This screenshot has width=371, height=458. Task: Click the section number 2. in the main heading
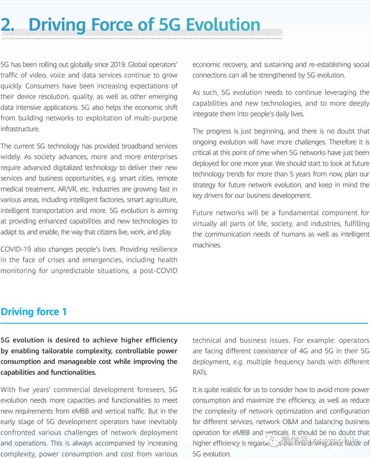[8, 25]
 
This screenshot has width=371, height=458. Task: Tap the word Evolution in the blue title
[223, 25]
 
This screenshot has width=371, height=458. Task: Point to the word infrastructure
[20, 129]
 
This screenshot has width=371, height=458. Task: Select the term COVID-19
[16, 249]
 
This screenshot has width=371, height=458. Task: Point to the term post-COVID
[158, 271]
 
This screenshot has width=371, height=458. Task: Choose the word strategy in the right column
[204, 185]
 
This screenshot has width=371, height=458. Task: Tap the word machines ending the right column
[206, 245]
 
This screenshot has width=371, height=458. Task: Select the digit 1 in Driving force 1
[64, 312]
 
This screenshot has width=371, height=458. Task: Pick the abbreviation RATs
[200, 372]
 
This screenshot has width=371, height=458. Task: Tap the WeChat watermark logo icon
[273, 441]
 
